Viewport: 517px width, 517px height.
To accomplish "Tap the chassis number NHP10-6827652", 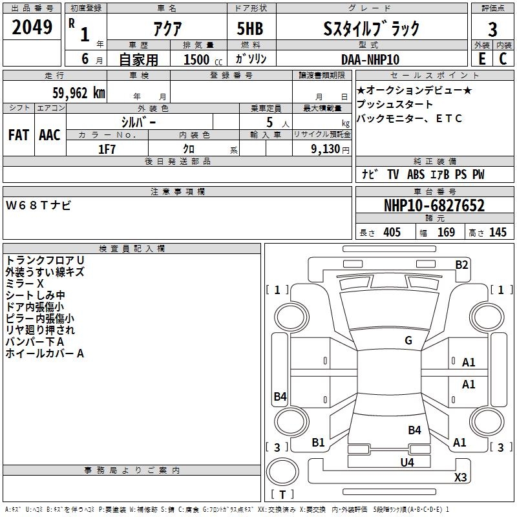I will [x=434, y=206].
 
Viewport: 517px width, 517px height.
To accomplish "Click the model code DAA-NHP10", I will [x=370, y=59].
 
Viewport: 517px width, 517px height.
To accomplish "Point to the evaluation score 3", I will [x=492, y=29].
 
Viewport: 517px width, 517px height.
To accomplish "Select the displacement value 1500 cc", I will [x=196, y=59].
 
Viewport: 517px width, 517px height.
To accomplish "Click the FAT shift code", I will [x=19, y=134].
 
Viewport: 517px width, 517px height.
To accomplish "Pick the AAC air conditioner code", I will [x=49, y=134].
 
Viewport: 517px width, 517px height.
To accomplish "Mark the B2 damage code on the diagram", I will [x=461, y=264].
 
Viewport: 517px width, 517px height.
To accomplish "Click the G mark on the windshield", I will [x=408, y=341].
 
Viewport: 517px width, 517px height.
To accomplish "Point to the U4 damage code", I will [x=406, y=462].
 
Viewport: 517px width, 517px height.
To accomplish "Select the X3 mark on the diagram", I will [x=460, y=478].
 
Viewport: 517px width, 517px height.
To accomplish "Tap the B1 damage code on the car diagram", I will [x=318, y=443].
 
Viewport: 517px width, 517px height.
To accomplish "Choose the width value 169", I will [x=447, y=233].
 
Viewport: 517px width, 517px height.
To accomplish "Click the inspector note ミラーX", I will [x=24, y=284].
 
